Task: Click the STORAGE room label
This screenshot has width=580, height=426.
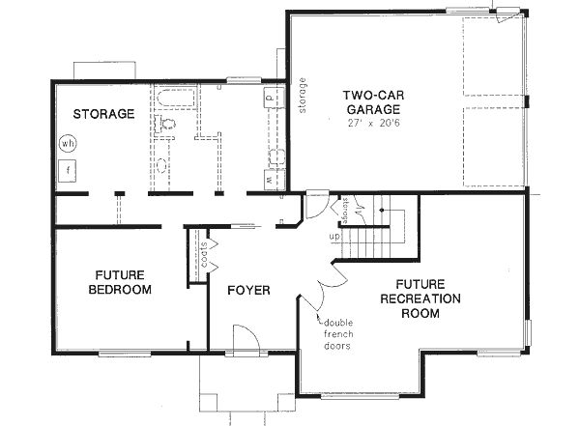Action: tap(101, 114)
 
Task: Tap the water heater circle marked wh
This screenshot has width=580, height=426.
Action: tap(68, 144)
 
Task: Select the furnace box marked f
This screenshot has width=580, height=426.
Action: tap(69, 171)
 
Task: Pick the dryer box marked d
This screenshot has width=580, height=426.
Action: tap(270, 98)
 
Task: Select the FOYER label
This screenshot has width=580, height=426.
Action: tap(248, 290)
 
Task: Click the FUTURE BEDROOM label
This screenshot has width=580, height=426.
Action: tap(119, 281)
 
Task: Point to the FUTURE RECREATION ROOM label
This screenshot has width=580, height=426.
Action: tap(419, 298)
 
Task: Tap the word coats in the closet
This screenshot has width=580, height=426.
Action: tap(205, 256)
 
